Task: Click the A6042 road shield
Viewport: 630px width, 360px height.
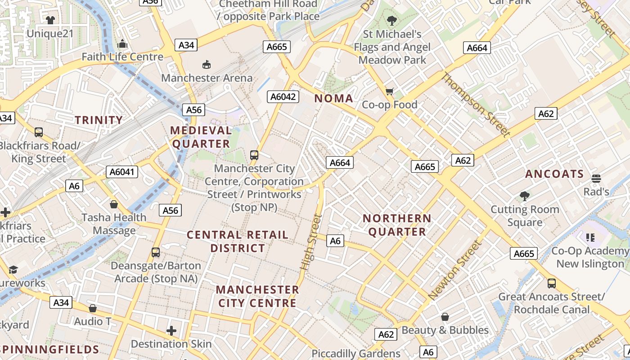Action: [283, 96]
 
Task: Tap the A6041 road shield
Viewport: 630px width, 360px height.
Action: [122, 172]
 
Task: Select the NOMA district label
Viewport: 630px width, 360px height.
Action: [333, 99]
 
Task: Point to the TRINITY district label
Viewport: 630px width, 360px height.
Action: [99, 120]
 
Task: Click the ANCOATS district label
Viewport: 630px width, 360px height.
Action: [554, 174]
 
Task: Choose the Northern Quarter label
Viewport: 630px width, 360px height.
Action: [397, 225]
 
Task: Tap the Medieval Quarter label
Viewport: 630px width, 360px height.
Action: [201, 137]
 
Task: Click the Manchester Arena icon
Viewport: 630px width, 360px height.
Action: [206, 65]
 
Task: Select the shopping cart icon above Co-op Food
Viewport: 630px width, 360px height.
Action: [390, 92]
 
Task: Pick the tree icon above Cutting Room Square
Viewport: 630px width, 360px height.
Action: [524, 196]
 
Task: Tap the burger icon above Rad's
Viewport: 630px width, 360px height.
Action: [596, 179]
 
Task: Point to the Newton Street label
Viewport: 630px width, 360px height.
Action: [455, 270]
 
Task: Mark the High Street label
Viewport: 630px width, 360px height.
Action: [311, 242]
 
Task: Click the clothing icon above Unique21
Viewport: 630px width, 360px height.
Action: [50, 20]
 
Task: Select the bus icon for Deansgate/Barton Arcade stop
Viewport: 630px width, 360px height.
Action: [156, 252]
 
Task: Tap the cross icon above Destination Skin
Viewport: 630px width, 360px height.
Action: [171, 331]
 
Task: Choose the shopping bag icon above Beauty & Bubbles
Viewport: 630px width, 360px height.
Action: [445, 317]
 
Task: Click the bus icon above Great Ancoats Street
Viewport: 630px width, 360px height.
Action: [552, 283]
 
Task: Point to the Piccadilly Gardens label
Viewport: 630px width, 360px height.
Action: [356, 354]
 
